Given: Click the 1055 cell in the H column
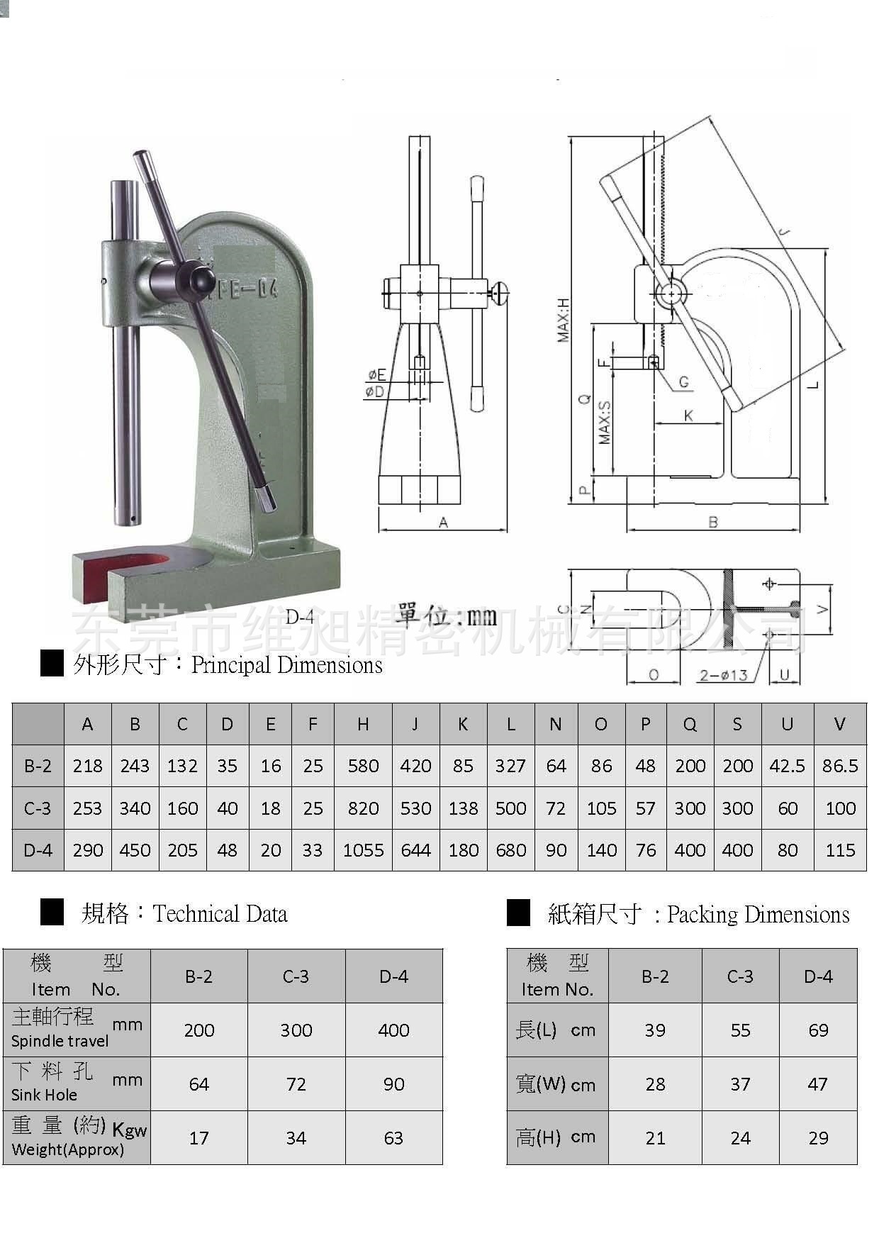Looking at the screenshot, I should (x=363, y=850).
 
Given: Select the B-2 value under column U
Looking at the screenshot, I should (x=787, y=766).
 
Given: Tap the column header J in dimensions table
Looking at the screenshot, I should (x=415, y=724).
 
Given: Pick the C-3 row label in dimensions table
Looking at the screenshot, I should (x=38, y=808).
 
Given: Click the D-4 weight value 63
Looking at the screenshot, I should (x=393, y=1138).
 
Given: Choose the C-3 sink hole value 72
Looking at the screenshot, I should (x=296, y=1084).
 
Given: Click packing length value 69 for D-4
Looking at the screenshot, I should (x=818, y=1030).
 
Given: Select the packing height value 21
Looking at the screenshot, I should (x=655, y=1138).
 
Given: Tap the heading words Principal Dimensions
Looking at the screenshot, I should (x=286, y=665).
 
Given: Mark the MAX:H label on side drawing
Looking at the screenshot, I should (x=564, y=320).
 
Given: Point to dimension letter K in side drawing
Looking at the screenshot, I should (x=688, y=416).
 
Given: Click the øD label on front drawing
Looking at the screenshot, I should (x=374, y=391).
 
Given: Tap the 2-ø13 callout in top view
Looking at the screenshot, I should (x=723, y=675).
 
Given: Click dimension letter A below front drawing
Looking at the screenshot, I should (x=443, y=523).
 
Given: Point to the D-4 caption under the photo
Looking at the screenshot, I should (x=299, y=616).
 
